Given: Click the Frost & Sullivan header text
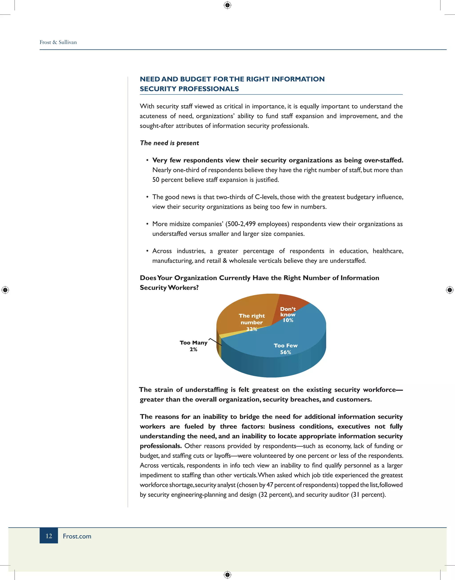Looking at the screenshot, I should coord(58,42).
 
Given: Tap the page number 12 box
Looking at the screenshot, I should coord(49,536).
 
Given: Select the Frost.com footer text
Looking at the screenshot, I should coord(77,536).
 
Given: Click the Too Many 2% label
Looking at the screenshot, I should coord(194,346).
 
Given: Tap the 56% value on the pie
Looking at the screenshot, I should coord(285,352).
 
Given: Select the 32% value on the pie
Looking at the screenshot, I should coord(251,329).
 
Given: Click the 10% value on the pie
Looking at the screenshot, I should coord(288,320).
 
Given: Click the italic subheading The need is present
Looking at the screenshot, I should coord(170,143).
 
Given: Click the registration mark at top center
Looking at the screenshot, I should coord(227,5).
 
